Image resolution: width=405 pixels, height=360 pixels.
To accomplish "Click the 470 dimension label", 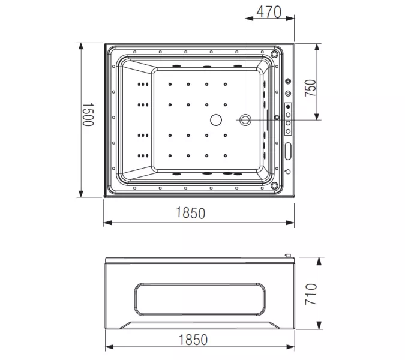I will click(x=269, y=13).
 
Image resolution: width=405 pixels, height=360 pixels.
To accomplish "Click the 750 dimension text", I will click(x=310, y=87).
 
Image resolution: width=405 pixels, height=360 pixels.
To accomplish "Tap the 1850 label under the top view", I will click(x=192, y=213).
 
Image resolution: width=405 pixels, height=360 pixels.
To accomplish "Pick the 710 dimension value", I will click(x=310, y=294).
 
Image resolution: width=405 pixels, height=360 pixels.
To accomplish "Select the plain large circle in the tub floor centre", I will click(x=214, y=120).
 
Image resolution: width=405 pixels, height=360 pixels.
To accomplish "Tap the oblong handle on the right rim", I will click(x=288, y=151).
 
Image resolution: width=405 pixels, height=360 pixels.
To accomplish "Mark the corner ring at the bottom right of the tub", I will click(x=276, y=185).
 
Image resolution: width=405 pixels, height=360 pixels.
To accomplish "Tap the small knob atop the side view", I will click(x=290, y=257).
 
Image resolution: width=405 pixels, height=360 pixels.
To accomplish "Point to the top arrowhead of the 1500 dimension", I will click(x=81, y=46).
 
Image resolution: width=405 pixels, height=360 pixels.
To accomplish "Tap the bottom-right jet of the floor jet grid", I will click(x=226, y=157).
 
